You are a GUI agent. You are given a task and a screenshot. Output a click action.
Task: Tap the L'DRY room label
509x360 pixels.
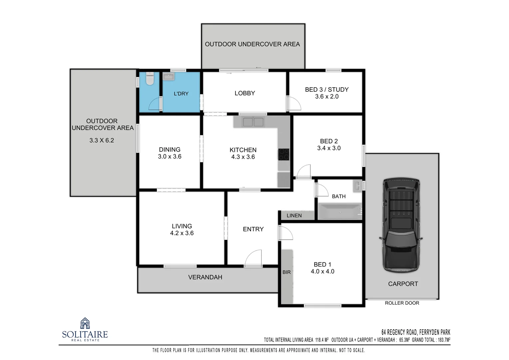pyautogui.click(x=181, y=94)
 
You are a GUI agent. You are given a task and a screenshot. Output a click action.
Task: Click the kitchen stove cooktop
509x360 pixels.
pyautogui.click(x=284, y=154)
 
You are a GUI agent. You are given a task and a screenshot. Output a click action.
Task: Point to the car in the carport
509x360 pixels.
pyautogui.click(x=401, y=225)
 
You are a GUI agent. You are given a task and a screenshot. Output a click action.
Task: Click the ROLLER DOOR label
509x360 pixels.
pyautogui.click(x=402, y=303)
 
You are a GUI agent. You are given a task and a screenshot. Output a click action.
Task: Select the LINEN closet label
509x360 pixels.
pyautogui.click(x=294, y=216)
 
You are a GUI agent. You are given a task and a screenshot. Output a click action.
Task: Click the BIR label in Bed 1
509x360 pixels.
pyautogui.click(x=286, y=272)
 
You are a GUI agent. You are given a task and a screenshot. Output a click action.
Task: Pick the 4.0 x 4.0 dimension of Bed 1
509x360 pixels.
pyautogui.click(x=322, y=272)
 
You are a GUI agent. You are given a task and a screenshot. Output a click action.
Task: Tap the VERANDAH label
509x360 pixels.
pyautogui.click(x=205, y=277)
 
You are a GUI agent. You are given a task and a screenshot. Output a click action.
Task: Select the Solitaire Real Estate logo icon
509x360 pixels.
pyautogui.click(x=85, y=323)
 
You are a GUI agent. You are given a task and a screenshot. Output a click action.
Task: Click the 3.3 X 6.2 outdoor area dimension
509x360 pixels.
pyautogui.click(x=102, y=141)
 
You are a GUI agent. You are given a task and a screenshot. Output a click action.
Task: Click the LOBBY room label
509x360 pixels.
pyautogui.click(x=245, y=93)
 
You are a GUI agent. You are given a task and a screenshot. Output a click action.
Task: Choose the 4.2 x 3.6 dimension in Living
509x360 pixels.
pyautogui.click(x=182, y=233)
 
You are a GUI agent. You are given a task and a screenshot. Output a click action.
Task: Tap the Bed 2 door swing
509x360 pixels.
pyautogui.click(x=303, y=172)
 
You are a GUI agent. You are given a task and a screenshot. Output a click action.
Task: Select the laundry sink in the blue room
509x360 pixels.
pyautogui.click(x=169, y=77)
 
